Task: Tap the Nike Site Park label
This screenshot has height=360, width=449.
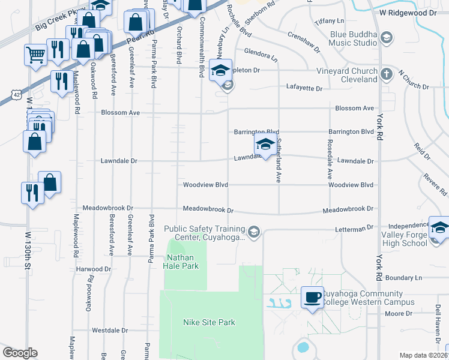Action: [x=209, y=322]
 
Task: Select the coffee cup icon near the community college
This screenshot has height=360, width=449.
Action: [x=312, y=298]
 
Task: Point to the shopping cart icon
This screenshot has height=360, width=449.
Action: [x=35, y=55]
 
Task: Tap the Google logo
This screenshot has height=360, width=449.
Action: [x=20, y=353]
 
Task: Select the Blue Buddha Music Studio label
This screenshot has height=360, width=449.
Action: [x=353, y=38]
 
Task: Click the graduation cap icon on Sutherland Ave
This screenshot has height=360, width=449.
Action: [x=265, y=145]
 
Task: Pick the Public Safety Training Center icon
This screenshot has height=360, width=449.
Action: [x=255, y=232]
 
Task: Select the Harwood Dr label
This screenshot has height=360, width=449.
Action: [x=94, y=269]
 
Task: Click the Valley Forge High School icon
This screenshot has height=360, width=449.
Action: [x=439, y=229]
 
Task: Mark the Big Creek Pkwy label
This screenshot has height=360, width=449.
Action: [x=57, y=23]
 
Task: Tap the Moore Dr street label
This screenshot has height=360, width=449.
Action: [x=399, y=314]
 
